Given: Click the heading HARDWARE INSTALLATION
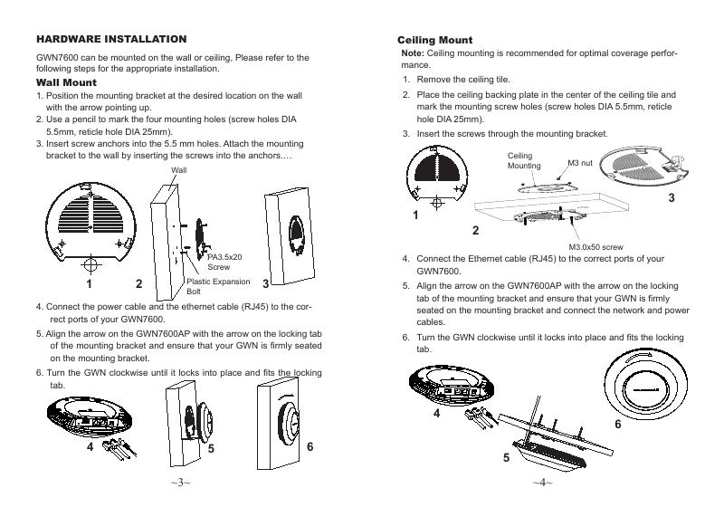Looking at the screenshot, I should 111,39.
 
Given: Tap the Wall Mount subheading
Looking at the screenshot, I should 66,82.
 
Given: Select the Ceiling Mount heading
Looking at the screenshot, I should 435,41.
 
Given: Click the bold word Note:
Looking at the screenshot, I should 413,54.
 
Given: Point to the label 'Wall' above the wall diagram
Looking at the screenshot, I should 178,170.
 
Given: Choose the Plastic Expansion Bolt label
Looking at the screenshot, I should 218,287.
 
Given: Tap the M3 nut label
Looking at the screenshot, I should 579,163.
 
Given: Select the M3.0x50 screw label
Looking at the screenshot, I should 595,246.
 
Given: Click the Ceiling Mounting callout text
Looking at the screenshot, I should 523,161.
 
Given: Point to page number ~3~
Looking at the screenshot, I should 180,483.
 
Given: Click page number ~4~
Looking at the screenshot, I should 543,483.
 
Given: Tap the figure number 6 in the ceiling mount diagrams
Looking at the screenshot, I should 618,424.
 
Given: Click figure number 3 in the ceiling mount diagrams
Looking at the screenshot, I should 672,197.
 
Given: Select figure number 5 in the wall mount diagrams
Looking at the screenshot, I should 210,448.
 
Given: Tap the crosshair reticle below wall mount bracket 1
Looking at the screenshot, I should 90,264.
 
